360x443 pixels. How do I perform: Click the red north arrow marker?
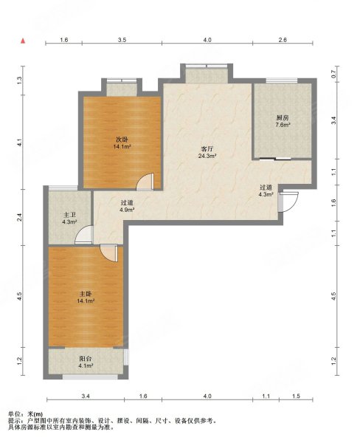[23, 41]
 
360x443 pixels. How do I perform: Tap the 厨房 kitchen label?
[283, 118]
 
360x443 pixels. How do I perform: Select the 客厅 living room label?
[207, 149]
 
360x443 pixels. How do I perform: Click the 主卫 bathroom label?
[69, 215]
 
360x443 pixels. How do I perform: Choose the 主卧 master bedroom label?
[86, 294]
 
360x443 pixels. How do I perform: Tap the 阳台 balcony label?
[86, 359]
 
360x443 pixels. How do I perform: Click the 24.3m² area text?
[207, 156]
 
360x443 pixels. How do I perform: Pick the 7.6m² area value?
[283, 125]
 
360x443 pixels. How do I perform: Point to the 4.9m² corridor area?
[126, 210]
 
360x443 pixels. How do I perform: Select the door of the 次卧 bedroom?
[145, 182]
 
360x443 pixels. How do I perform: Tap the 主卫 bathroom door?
[84, 234]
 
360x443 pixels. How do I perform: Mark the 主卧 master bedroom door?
[109, 253]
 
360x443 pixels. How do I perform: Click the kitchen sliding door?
[275, 159]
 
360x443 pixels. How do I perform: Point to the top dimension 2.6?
[283, 40]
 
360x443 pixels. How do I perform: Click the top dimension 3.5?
[122, 40]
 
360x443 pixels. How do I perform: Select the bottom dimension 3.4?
[86, 396]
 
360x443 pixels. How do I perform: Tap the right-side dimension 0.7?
[333, 74]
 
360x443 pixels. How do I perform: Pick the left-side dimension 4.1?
[19, 143]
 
